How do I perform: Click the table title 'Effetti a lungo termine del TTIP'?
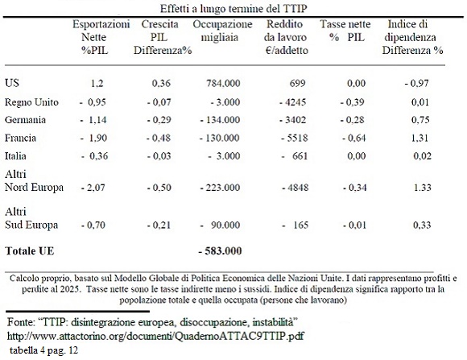point(233,8)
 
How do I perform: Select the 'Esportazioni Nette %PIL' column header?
point(101,37)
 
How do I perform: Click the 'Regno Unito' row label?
point(31,102)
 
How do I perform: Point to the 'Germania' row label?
point(25,120)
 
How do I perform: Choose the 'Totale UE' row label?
point(30,251)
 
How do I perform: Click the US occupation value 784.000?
point(223,83)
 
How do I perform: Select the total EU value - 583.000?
point(220,251)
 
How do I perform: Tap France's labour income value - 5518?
point(295,138)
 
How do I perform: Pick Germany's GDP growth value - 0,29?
point(159,120)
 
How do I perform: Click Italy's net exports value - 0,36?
point(95,156)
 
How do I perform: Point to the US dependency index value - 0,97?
point(416,83)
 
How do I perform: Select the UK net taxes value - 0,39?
point(353,102)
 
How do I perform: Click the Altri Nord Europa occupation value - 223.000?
point(220,188)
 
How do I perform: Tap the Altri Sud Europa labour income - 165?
point(295,225)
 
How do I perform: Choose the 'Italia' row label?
point(15,156)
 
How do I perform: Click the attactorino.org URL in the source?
point(155,336)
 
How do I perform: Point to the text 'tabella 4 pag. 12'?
point(43,350)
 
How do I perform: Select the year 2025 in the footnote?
point(72,289)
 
